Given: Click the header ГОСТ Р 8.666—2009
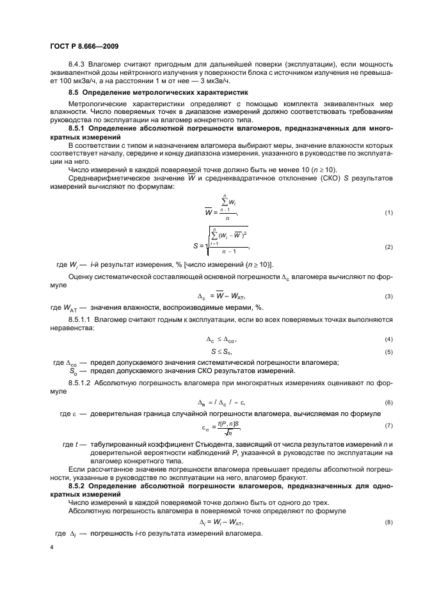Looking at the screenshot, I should point(83,45).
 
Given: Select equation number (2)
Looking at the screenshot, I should point(388,247).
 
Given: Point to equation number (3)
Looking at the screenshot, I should point(388,296).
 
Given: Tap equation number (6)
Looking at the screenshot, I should point(388,401).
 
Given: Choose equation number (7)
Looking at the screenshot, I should point(388,426).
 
